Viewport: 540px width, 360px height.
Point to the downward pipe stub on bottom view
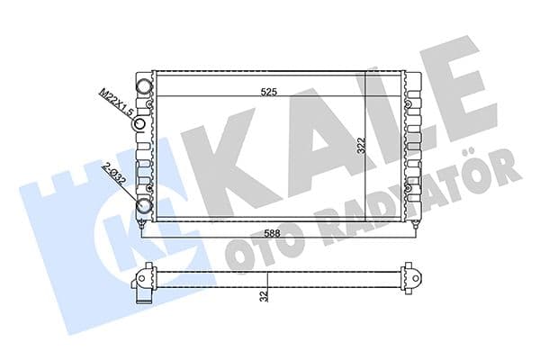(139, 296)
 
